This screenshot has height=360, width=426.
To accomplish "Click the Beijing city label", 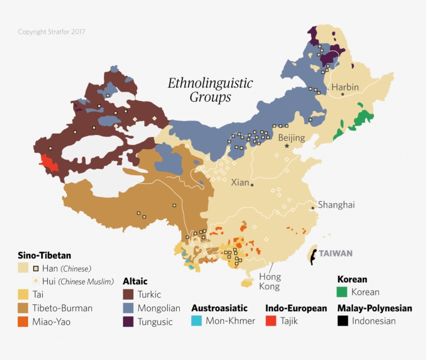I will tap(291, 138).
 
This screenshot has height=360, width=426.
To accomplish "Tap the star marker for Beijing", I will tap(287, 146).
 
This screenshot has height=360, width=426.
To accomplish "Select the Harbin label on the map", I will tap(345, 87).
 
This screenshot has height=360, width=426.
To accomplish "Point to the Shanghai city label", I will tap(336, 205).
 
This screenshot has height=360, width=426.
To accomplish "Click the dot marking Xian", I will tap(252, 184).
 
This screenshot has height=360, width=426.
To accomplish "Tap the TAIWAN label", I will tap(335, 254).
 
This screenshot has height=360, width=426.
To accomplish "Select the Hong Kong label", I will tap(270, 282).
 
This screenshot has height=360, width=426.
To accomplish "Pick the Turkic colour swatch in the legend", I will tap(128, 295).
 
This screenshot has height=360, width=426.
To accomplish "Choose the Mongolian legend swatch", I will tap(128, 308).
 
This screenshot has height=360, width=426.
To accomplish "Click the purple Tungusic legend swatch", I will tap(128, 322).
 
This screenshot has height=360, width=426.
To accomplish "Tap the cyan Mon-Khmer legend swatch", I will tap(196, 321).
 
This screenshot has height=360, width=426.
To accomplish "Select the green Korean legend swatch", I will tap(342, 292).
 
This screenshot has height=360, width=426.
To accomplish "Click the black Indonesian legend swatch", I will tap(342, 321).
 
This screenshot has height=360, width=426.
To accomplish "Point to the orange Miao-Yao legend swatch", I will tap(23, 322).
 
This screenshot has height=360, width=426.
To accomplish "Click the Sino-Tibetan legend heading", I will tap(44, 256).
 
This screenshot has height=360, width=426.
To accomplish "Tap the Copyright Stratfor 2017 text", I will tap(51, 32).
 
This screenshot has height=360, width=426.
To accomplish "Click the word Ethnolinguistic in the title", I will tap(210, 83).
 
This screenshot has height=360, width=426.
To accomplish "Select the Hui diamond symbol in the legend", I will tap(36, 282).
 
